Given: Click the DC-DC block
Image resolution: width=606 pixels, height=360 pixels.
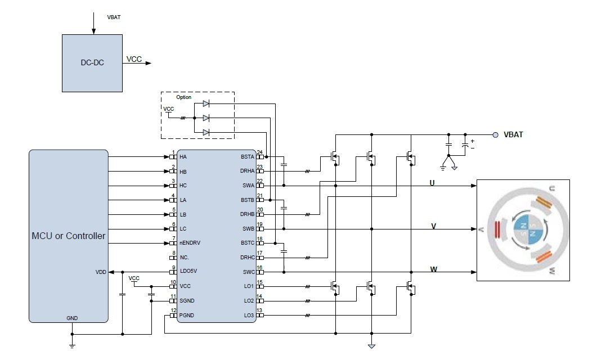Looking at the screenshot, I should (92, 62).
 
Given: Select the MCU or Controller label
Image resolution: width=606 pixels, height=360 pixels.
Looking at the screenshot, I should (68, 236).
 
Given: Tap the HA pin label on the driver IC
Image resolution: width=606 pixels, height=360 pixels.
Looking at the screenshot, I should (183, 156).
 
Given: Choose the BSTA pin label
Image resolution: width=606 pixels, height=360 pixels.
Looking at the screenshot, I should (248, 156).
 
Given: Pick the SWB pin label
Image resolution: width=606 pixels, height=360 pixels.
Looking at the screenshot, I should (248, 228).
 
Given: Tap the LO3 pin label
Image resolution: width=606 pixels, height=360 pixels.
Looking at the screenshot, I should (249, 315).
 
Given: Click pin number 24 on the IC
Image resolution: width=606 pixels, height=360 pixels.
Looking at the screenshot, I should (259, 152).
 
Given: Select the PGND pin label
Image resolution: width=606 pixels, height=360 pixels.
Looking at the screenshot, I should (187, 316).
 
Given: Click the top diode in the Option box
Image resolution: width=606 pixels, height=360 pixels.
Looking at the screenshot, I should (206, 103).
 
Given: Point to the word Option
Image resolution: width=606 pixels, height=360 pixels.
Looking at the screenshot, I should (183, 97).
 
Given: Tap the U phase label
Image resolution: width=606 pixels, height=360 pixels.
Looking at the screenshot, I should (432, 183).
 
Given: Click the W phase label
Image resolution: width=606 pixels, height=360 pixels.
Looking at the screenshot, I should (433, 269).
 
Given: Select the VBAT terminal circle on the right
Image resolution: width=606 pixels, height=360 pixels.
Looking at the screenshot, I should (495, 135).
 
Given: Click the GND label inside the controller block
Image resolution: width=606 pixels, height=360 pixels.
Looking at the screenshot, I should (72, 318).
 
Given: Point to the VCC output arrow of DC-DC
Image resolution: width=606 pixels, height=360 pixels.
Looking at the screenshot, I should (147, 63).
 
